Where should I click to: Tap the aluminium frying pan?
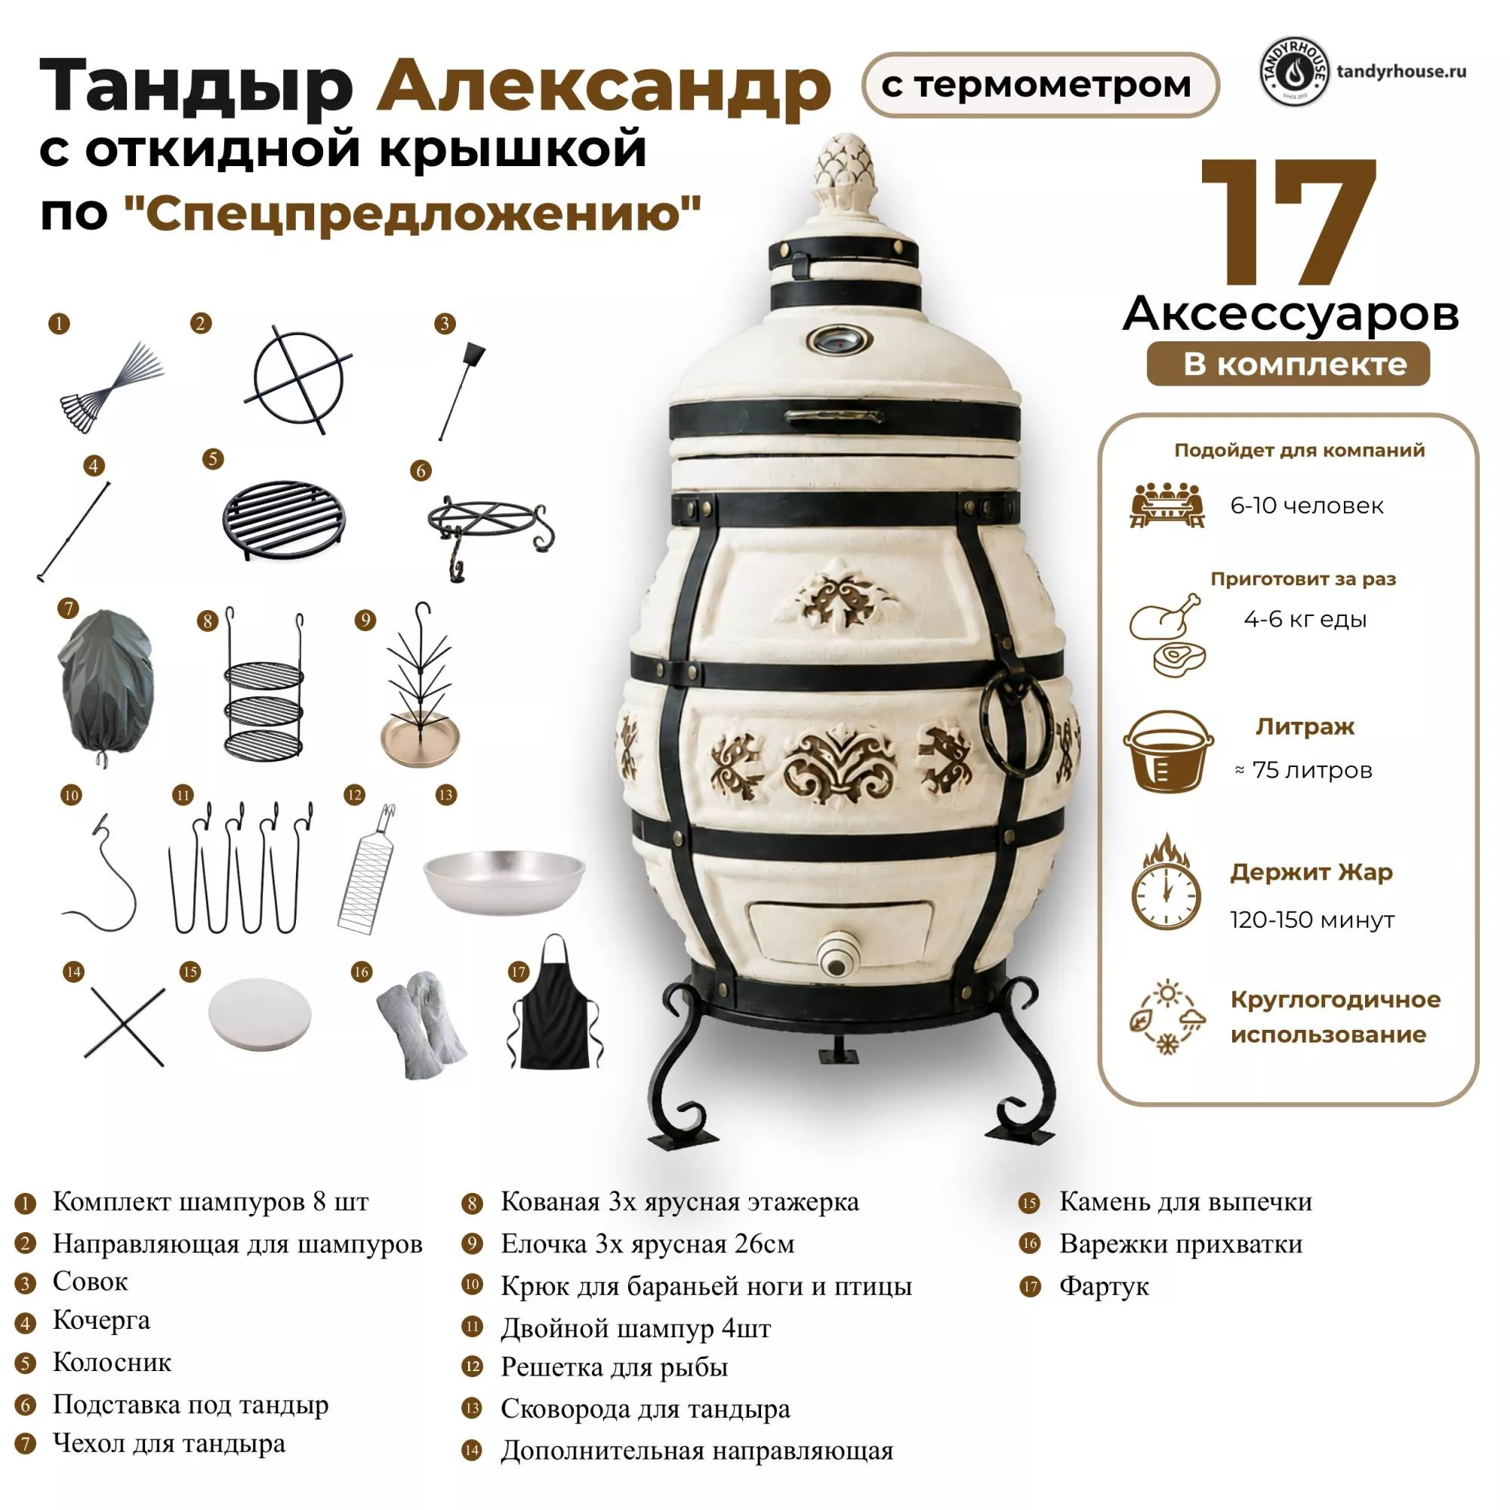(x=504, y=882)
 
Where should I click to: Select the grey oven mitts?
(x=421, y=1024)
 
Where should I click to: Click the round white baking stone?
(x=260, y=1015)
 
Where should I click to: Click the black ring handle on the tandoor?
(x=1017, y=717)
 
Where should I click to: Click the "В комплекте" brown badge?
(x=1288, y=364)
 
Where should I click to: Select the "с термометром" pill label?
(x=1040, y=85)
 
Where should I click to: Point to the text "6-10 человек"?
(x=1307, y=506)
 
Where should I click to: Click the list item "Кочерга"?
(x=101, y=1320)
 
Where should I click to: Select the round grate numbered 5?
(x=285, y=519)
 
